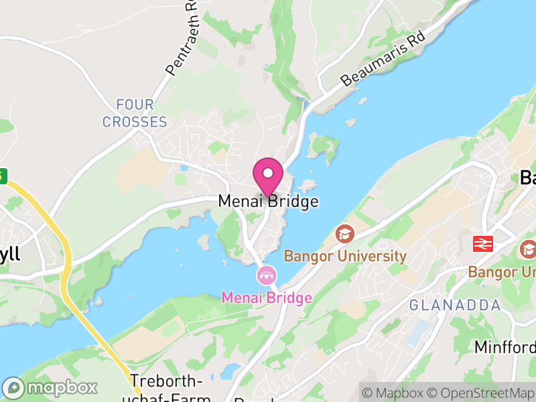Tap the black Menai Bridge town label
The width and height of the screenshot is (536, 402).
point(268,202)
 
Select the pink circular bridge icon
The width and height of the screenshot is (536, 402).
point(267,275)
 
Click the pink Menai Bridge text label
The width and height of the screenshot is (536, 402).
point(267,297)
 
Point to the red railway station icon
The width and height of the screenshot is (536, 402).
point(483,243)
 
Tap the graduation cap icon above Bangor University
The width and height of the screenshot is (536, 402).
point(345,234)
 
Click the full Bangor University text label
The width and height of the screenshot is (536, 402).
point(346,256)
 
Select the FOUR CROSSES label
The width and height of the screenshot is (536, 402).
point(135,113)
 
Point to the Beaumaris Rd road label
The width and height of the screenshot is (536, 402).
point(383,58)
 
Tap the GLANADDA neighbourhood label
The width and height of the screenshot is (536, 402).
point(455,306)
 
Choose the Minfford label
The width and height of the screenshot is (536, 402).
point(505,347)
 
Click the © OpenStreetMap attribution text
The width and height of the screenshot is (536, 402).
point(480,393)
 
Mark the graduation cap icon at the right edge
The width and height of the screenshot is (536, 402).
point(528,250)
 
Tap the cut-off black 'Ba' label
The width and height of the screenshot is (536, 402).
point(528,178)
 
